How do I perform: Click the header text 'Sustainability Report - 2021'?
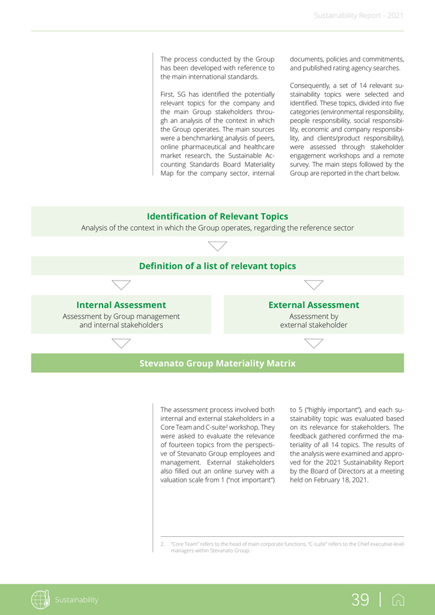pos(359,15)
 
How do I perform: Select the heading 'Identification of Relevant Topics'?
pos(217,217)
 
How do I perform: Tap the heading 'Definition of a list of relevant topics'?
pos(217,266)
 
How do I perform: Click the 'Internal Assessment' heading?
pos(121,305)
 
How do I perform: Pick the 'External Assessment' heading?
pos(313,305)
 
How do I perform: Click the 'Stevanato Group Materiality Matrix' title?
pos(217,363)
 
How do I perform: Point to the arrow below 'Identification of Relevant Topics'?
pos(218,246)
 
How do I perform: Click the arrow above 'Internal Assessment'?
pos(121,284)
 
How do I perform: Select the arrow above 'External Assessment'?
pos(314,284)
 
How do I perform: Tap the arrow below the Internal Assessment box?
pos(121,343)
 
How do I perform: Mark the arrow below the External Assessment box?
pos(314,343)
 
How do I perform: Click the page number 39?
pos(360,600)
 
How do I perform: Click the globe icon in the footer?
pos(40,600)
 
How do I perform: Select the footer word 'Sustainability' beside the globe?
pos(76,600)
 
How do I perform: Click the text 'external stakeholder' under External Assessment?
pos(314,325)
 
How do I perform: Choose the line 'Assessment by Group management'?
pos(121,316)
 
